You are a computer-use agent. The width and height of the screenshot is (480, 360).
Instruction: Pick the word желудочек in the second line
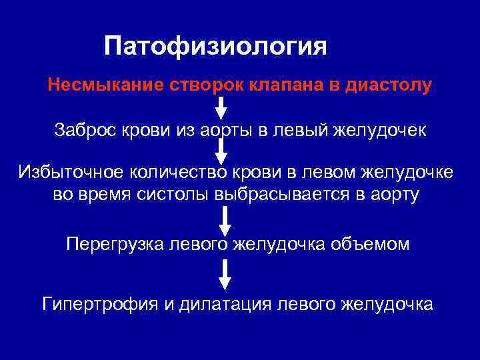381,130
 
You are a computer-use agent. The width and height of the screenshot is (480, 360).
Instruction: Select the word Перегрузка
112,245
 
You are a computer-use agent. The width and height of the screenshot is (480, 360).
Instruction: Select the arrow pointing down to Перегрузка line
225,220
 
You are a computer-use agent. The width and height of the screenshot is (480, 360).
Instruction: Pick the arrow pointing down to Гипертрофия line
225,274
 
